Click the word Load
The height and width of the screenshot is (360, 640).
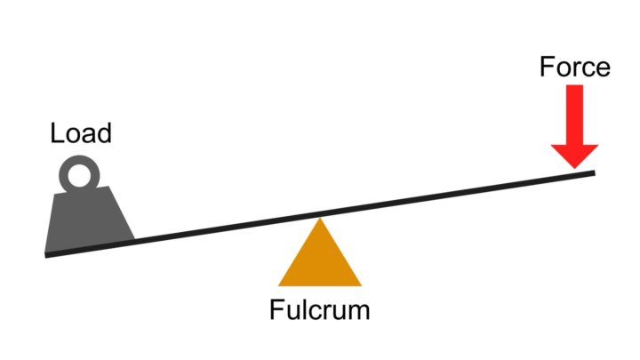click(x=81, y=133)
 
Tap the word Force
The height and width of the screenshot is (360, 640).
click(x=575, y=67)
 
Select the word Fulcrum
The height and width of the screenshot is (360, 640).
click(x=320, y=309)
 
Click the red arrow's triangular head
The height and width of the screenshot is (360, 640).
click(x=575, y=156)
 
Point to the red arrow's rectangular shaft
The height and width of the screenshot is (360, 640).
click(x=575, y=115)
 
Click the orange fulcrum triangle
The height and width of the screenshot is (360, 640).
click(x=320, y=261)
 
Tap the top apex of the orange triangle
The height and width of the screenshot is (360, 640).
click(x=320, y=218)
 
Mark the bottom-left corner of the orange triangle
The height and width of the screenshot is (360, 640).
click(x=278, y=286)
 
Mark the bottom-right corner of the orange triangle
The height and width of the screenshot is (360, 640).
click(x=362, y=286)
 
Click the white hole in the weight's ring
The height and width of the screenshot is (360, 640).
click(x=79, y=175)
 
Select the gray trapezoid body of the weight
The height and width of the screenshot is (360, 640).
click(x=89, y=220)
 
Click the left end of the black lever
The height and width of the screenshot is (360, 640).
click(x=45, y=255)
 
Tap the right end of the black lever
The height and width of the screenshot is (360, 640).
click(x=595, y=173)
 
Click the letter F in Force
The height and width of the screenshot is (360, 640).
click(x=547, y=67)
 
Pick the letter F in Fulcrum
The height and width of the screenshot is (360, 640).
click(x=276, y=309)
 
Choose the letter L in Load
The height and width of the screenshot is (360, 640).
click(x=57, y=133)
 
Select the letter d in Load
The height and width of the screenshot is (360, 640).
click(x=105, y=133)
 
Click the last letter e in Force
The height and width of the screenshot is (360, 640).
click(x=603, y=69)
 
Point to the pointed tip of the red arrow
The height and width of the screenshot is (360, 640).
click(x=575, y=168)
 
